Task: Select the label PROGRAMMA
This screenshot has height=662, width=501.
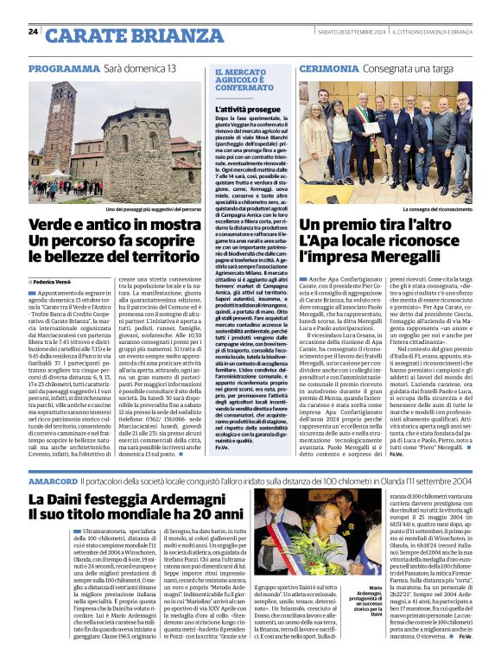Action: (x=63, y=68)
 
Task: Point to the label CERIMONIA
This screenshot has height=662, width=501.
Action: (x=329, y=68)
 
